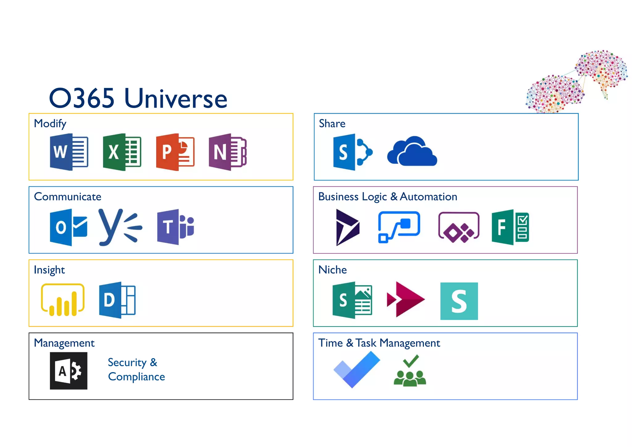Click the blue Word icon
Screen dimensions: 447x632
tap(69, 152)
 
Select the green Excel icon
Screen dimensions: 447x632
tap(122, 152)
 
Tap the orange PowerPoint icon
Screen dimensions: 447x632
tap(175, 152)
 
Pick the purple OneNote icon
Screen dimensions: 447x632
tap(227, 152)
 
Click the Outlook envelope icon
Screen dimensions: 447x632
tap(68, 228)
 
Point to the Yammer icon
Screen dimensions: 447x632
tap(120, 228)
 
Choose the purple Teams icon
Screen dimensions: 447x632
tap(175, 227)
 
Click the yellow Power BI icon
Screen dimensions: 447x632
tap(63, 300)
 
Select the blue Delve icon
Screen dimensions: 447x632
tap(117, 300)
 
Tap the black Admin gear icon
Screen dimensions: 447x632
tap(69, 371)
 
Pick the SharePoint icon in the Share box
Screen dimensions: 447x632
tap(352, 152)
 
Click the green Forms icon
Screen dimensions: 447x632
tap(510, 227)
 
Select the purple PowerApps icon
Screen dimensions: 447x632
tap(459, 228)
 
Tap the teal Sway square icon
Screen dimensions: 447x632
tap(459, 301)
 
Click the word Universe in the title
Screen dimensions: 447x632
tap(176, 98)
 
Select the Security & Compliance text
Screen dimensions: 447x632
tap(136, 370)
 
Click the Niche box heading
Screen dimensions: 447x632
tap(332, 270)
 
